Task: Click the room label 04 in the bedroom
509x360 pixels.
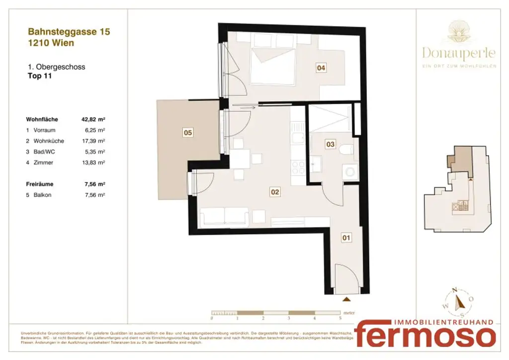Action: coord(322,69)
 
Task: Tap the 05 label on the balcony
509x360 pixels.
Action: coord(188,133)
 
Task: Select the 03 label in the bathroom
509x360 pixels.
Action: coord(330,144)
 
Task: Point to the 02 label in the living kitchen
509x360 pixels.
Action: coord(274,191)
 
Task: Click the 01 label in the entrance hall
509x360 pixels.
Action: coord(346,238)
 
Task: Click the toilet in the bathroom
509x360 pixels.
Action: coord(347,149)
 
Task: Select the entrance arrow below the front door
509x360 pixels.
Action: coord(346,299)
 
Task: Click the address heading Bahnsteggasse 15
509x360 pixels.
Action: coord(69,32)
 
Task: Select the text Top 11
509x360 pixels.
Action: coord(39,76)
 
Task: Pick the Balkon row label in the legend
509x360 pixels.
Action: coord(42,195)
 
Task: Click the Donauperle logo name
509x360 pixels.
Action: coord(459,53)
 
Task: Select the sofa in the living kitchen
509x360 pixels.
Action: coord(224,217)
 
